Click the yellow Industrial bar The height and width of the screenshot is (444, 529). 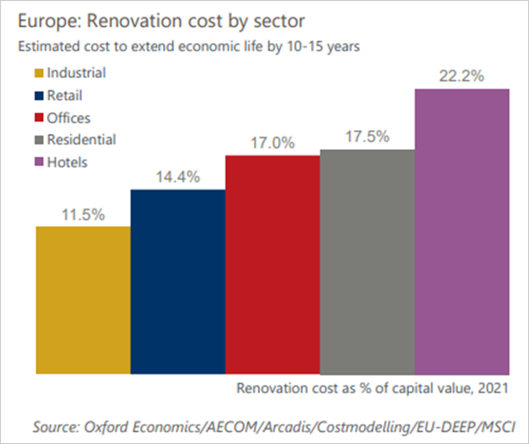pos(83,300)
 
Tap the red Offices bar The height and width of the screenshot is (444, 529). pos(273,264)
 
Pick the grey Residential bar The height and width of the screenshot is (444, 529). pos(367,262)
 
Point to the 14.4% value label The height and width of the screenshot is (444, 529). pos(178,177)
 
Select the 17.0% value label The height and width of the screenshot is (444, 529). pos(273,143)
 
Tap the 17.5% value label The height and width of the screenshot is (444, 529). pos(367,137)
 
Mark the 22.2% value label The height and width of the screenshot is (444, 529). pos(462,76)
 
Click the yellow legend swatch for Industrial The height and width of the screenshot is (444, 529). pos(39,73)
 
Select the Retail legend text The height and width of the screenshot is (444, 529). pos(65,95)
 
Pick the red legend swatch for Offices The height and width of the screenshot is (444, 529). pos(39,118)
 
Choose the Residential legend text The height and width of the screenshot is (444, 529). pos(82,139)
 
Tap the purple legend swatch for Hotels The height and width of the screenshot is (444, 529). pos(39,163)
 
